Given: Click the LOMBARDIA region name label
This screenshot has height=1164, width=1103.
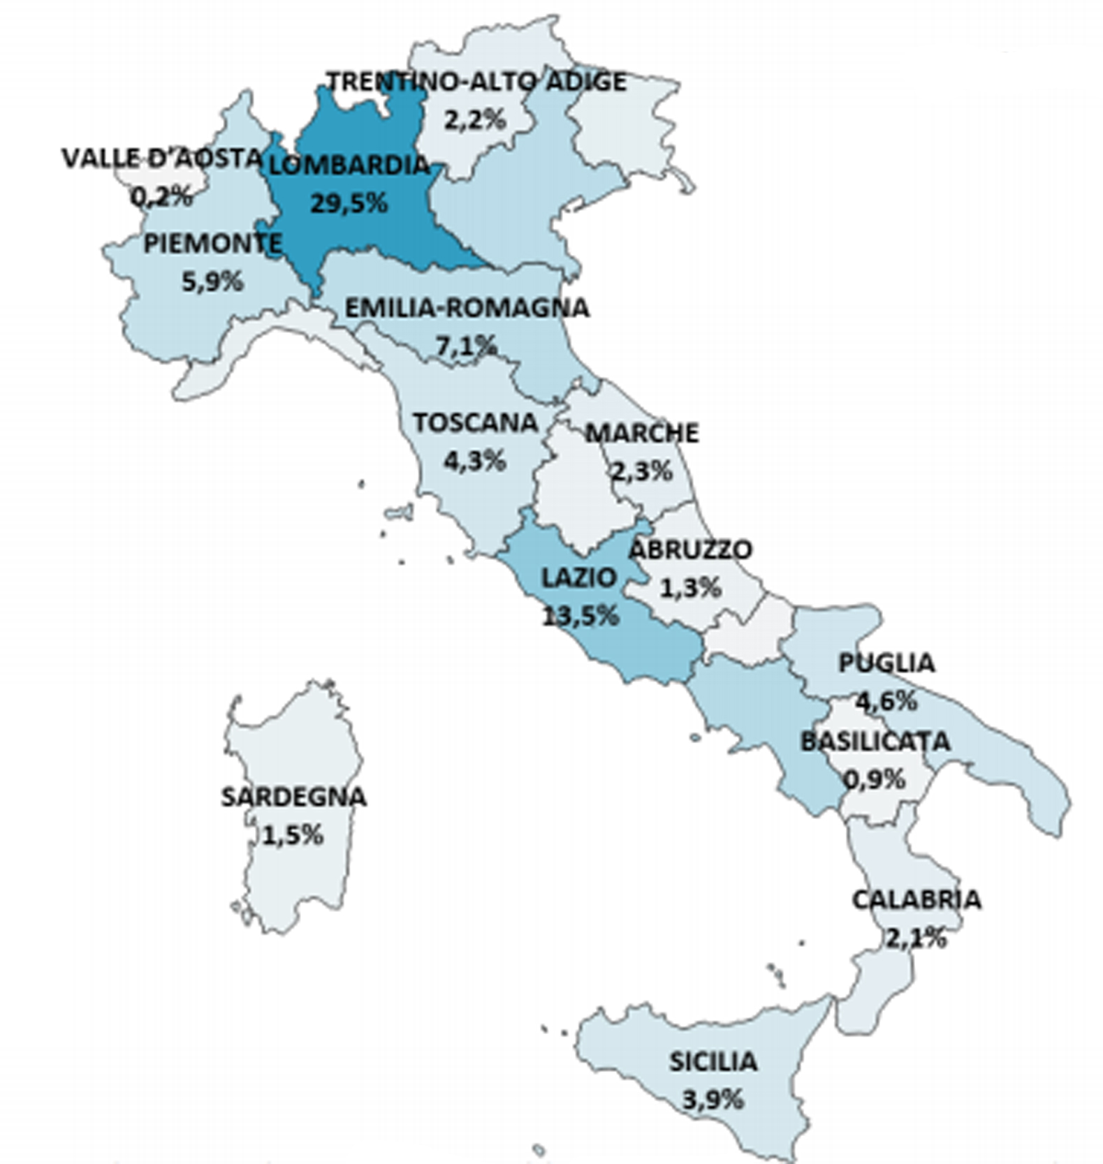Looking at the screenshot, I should click(x=348, y=165).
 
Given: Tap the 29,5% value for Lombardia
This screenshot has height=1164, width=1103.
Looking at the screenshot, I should click(x=348, y=203).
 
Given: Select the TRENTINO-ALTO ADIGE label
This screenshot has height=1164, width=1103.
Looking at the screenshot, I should click(x=476, y=82).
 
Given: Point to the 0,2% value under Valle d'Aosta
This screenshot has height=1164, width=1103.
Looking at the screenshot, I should click(x=161, y=196).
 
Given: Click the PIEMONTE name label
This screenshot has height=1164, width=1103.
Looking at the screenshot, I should click(x=212, y=244).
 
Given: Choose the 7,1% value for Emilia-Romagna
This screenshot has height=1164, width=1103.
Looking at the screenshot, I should click(x=467, y=345).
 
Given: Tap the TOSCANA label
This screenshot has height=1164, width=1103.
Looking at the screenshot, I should click(x=475, y=422).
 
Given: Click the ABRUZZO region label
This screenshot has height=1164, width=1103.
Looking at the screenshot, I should click(x=690, y=550).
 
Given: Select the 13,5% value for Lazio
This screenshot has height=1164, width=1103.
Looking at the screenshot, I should click(x=580, y=615).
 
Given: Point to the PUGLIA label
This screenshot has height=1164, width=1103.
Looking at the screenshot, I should click(x=886, y=663).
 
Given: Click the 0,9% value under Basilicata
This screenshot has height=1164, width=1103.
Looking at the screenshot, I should click(x=875, y=778).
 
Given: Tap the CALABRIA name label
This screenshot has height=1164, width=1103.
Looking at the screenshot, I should click(x=916, y=899).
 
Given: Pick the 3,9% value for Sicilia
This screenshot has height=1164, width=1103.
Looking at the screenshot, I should click(x=713, y=1100).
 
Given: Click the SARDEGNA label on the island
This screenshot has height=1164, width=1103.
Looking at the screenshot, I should click(x=293, y=797).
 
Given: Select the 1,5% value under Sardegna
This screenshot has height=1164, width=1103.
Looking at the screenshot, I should click(x=293, y=834).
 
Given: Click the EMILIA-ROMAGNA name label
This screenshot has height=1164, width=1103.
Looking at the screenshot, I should click(x=467, y=307).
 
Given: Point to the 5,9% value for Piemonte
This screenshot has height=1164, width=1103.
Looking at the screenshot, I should click(x=212, y=281).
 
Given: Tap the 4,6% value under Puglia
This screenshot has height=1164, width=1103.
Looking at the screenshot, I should click(x=886, y=700).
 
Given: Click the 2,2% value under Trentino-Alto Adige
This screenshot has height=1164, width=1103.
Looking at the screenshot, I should click(x=474, y=119).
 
